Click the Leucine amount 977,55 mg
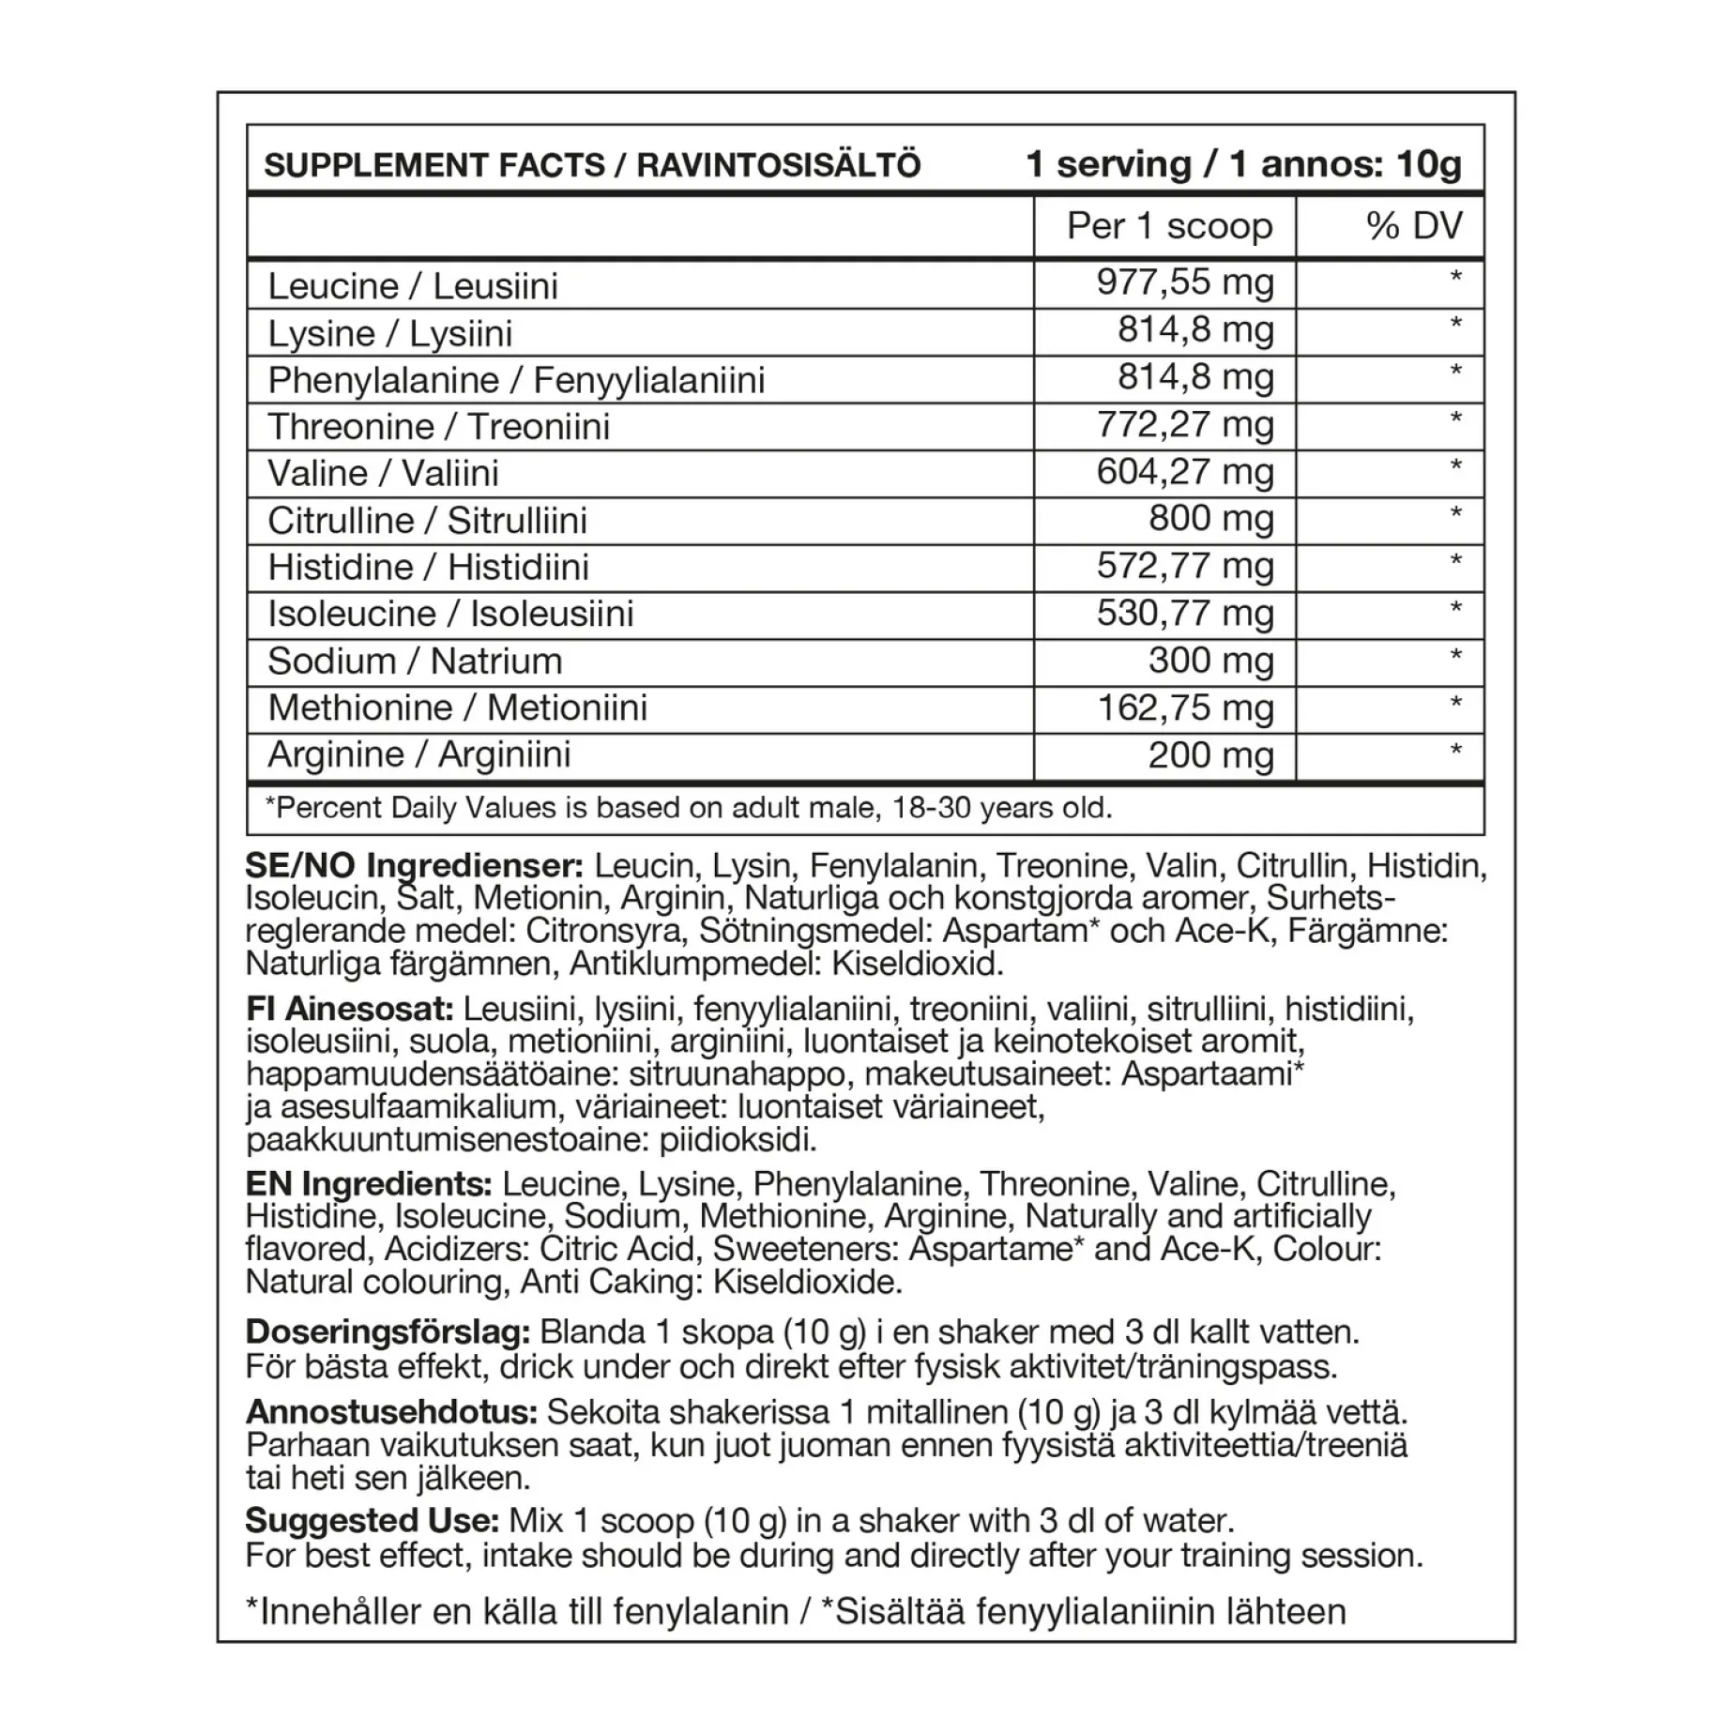pos(1185,282)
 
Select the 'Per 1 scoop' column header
pos(1169,226)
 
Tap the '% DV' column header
pos(1414,226)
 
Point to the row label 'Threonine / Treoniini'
pos(438,427)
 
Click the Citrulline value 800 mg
pos(1210,518)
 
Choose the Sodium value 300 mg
pos(1210,661)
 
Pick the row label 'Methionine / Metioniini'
pos(457,707)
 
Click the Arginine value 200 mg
pos(1210,755)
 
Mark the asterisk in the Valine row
pos(1455,466)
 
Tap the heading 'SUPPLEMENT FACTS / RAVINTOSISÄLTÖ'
pos(592,166)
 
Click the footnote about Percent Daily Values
pos(688,808)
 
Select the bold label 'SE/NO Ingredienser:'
pos(414,865)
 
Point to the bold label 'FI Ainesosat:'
pos(350,1010)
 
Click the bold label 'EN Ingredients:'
pos(369,1184)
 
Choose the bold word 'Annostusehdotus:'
pos(390,1412)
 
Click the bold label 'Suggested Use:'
pos(372,1521)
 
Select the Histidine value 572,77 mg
pos(1185,566)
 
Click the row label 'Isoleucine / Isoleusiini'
pos(450,614)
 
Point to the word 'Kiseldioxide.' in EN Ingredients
pos(808,1282)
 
